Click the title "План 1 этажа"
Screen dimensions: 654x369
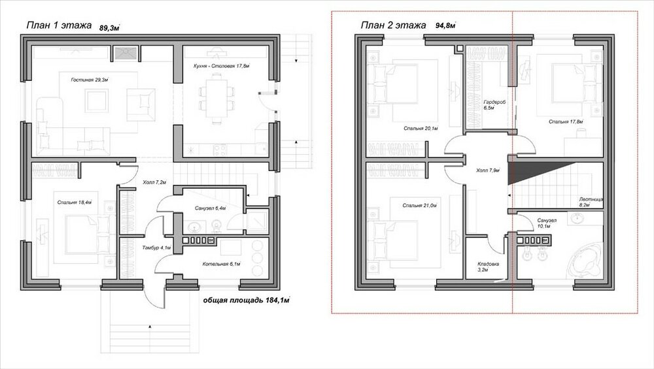59,25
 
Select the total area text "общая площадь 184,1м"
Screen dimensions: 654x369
246,300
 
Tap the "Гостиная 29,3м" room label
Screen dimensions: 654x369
90,80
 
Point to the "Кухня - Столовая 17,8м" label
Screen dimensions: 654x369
222,66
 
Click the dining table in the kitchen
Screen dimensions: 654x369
216,98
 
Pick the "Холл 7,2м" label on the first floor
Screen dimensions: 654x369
154,182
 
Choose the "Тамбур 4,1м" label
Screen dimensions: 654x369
156,248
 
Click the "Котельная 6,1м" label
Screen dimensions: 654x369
222,264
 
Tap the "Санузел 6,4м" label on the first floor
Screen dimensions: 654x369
210,208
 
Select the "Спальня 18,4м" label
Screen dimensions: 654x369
75,202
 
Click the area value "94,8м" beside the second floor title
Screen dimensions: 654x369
445,25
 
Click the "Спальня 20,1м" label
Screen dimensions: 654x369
421,129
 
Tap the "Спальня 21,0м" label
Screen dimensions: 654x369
420,205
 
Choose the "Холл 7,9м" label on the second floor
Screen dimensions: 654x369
488,170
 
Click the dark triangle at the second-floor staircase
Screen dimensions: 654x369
521,172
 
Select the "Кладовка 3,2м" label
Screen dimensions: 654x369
488,266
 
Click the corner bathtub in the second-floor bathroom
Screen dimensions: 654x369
585,261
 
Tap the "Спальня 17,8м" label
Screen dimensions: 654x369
566,122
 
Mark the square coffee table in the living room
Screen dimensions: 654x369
97,101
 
